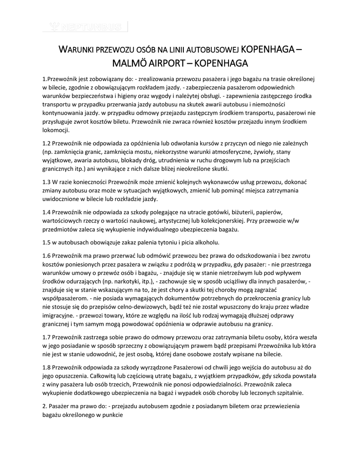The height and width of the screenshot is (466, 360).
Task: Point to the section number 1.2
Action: tap(47, 143)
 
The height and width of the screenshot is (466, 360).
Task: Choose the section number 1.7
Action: tap(47, 337)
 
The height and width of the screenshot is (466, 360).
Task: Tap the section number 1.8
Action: tap(47, 367)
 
